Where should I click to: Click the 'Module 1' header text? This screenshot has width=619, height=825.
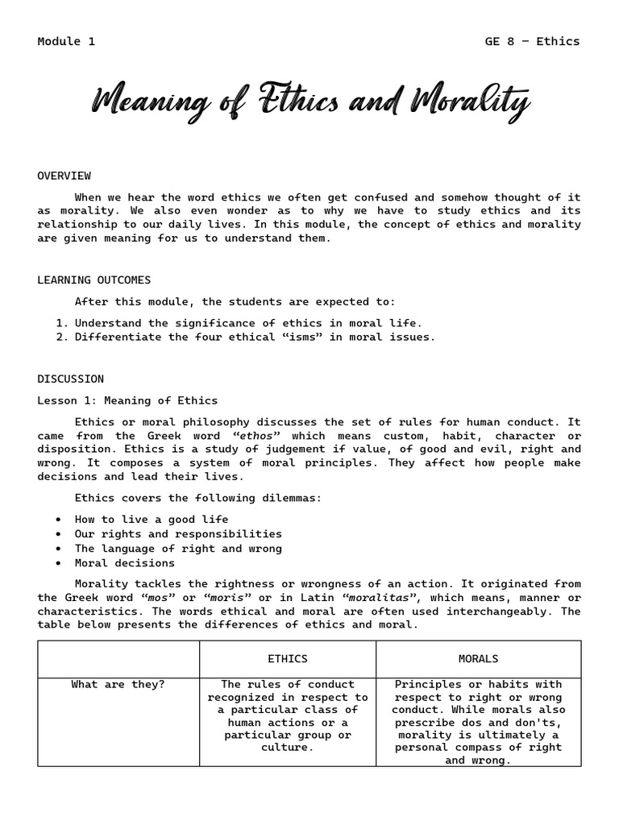[x=66, y=41]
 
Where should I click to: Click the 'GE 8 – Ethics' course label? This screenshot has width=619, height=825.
[x=532, y=41]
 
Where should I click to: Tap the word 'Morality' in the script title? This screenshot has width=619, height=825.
[x=470, y=103]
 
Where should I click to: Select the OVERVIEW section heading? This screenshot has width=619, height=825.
[x=64, y=176]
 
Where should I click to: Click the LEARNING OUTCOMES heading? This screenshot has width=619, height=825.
[x=93, y=280]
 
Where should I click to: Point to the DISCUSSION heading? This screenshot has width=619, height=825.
[x=70, y=379]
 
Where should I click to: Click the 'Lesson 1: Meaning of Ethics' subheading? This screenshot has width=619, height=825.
[x=127, y=400]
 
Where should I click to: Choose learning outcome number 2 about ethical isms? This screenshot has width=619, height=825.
[x=255, y=338]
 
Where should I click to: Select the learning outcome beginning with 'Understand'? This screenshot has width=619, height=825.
[x=248, y=323]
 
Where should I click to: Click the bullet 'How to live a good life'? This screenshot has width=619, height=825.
[x=152, y=520]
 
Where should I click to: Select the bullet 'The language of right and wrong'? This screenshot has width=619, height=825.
[x=178, y=549]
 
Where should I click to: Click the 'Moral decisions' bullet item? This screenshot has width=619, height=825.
[x=124, y=563]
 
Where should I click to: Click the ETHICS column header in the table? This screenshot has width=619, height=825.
[x=288, y=659]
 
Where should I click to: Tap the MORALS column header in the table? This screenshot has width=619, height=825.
[x=478, y=659]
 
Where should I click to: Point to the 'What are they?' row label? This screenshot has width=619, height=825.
[x=118, y=685]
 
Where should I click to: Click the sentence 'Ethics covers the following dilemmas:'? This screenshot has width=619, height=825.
[x=198, y=498]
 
